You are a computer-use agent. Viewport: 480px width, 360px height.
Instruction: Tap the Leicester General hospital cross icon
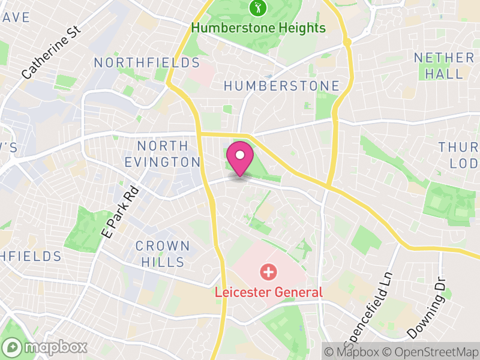pyautogui.click(x=268, y=272)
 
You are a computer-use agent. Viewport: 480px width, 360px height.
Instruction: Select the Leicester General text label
pyautogui.click(x=269, y=293)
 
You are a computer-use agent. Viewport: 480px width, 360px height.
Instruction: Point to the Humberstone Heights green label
pyautogui.click(x=259, y=28)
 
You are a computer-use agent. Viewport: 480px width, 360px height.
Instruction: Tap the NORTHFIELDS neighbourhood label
pyautogui.click(x=146, y=63)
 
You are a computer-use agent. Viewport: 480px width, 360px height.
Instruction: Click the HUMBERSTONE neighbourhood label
pyautogui.click(x=281, y=86)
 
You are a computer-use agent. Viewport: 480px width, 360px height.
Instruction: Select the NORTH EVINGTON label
pyautogui.click(x=162, y=154)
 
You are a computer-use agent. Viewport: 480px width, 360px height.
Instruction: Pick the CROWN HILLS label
pyautogui.click(x=163, y=254)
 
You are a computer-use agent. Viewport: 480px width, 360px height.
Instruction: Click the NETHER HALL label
pyautogui.click(x=444, y=65)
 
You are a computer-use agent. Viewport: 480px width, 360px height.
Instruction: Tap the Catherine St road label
pyautogui.click(x=50, y=53)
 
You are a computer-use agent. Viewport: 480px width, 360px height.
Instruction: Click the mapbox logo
pyautogui.click(x=45, y=347)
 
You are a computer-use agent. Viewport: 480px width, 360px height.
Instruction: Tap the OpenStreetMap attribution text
pyautogui.click(x=431, y=352)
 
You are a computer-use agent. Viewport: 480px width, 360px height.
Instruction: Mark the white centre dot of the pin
pyautogui.click(x=240, y=155)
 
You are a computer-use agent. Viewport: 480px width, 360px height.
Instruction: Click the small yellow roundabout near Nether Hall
pyautogui.click(x=347, y=43)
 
